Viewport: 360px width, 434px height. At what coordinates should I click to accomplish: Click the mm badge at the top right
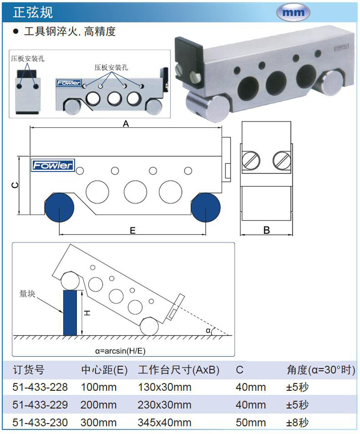[x=293, y=12]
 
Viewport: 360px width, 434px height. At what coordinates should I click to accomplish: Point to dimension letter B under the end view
[x=266, y=231]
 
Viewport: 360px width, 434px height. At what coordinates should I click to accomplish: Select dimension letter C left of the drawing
[x=14, y=185]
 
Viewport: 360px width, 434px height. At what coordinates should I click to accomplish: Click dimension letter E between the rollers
[x=132, y=231]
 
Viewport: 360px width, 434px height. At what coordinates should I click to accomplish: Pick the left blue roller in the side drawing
[x=59, y=207]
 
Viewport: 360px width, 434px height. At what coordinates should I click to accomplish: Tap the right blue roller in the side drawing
[x=206, y=207]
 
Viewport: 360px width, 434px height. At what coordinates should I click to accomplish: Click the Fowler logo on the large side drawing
[x=52, y=166]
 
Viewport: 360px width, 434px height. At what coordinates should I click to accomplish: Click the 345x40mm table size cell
[x=164, y=423]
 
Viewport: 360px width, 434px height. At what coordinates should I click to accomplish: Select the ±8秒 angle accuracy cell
[x=297, y=423]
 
